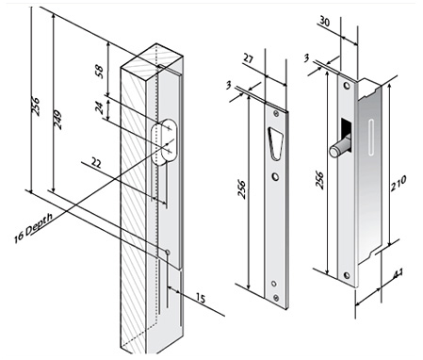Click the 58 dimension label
(x=99, y=72)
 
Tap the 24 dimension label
(x=99, y=108)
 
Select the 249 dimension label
(x=57, y=120)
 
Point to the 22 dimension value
(x=96, y=163)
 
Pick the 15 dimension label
(x=201, y=298)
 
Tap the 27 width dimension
(x=248, y=58)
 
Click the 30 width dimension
(x=325, y=22)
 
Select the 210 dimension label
(x=398, y=183)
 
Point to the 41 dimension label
(x=398, y=273)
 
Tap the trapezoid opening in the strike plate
(x=275, y=143)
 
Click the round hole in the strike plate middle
(x=275, y=177)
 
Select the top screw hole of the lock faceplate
(x=347, y=85)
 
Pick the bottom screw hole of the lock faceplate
(x=347, y=275)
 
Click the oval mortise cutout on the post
(x=165, y=141)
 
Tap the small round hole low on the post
(x=168, y=252)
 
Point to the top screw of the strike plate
(x=276, y=114)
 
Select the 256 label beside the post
(x=36, y=106)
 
